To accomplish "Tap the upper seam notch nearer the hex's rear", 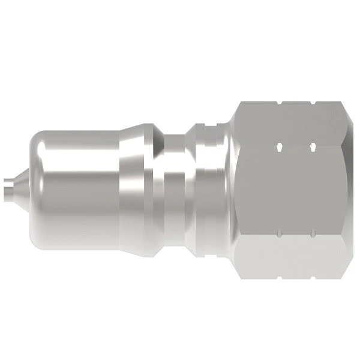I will point(313,146).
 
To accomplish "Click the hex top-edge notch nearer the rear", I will point(313,103).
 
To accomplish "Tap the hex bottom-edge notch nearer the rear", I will point(313,277).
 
